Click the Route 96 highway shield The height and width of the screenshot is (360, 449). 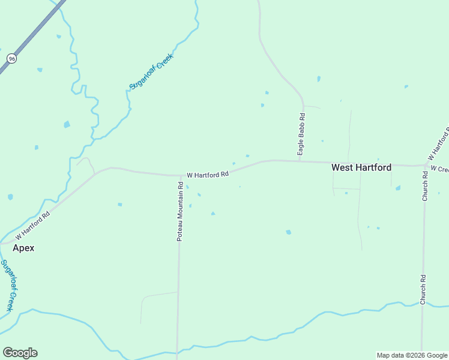click(x=11, y=58)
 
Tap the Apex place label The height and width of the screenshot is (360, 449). click(x=24, y=248)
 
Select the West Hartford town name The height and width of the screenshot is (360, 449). click(x=361, y=168)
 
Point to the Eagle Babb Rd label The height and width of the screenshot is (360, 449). click(x=303, y=136)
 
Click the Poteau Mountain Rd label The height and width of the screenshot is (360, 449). click(x=179, y=212)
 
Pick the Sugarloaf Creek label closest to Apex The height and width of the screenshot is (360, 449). click(x=7, y=285)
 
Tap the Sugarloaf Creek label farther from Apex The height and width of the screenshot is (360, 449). click(x=151, y=71)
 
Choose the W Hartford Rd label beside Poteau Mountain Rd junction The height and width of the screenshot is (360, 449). click(x=208, y=175)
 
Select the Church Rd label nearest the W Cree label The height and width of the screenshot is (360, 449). click(x=425, y=186)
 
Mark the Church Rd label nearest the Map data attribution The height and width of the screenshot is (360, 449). click(x=423, y=289)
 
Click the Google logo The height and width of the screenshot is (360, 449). click(x=20, y=353)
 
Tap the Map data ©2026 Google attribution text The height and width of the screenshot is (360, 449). click(x=412, y=355)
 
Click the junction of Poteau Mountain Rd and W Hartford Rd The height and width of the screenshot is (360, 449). click(x=179, y=176)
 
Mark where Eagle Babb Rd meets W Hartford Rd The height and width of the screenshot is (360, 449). click(x=300, y=161)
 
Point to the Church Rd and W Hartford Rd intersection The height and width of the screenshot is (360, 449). click(x=425, y=165)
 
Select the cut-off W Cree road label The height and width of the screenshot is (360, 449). click(x=439, y=170)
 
